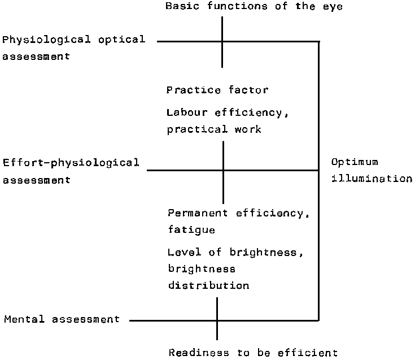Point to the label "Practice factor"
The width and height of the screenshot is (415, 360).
(217, 90)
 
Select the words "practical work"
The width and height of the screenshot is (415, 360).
(214, 129)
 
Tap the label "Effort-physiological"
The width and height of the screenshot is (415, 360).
(71, 163)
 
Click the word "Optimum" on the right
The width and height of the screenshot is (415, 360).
(355, 163)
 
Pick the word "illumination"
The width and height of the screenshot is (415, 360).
(372, 179)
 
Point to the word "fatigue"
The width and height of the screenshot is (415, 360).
(191, 230)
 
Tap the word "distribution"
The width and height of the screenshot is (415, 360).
(208, 285)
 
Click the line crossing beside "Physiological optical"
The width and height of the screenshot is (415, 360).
(222, 41)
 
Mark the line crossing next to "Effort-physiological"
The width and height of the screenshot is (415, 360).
(223, 170)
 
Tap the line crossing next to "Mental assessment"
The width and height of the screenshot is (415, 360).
(217, 321)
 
